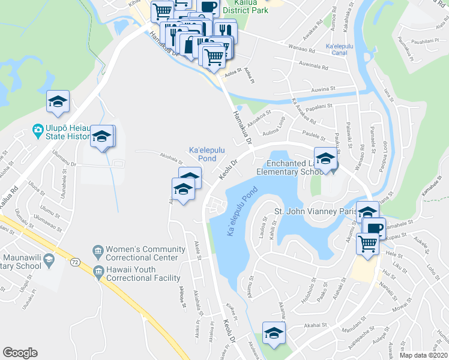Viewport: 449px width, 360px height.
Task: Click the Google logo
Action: pyautogui.click(x=20, y=353)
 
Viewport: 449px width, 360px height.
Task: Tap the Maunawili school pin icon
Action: pyautogui.click(x=50, y=259)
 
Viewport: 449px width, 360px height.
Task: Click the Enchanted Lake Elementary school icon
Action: pyautogui.click(x=325, y=158)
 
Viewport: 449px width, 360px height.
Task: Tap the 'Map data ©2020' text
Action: pyautogui.click(x=423, y=355)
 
